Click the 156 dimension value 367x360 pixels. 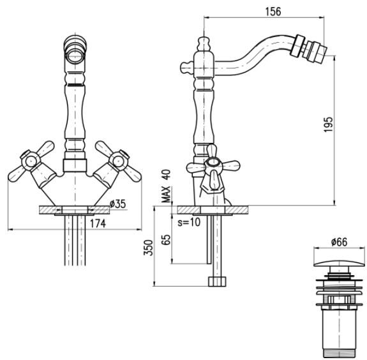tap(273, 11)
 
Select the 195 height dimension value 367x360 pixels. tap(328, 124)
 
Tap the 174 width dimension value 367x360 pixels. tap(98, 224)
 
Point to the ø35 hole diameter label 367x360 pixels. tap(117, 204)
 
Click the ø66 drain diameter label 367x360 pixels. tap(339, 242)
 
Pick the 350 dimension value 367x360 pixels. tap(148, 248)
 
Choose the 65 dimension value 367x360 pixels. tap(166, 239)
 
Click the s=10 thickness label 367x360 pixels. tap(189, 222)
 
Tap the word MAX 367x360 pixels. tap(167, 194)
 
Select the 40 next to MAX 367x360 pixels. tap(167, 175)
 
